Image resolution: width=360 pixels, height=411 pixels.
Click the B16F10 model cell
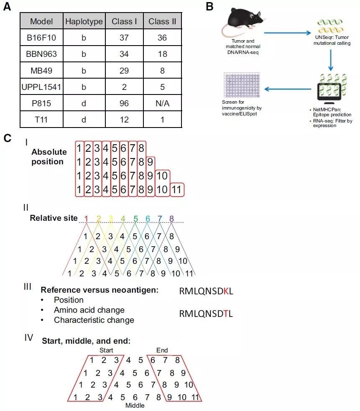point(41,38)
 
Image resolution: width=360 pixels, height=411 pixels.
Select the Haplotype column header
point(84,21)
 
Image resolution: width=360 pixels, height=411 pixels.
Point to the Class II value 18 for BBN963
point(162,54)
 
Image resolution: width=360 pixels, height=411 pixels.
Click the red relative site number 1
point(86,218)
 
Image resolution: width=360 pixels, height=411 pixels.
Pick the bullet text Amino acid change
point(89,310)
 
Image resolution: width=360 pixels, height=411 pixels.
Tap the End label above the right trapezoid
point(162,350)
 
